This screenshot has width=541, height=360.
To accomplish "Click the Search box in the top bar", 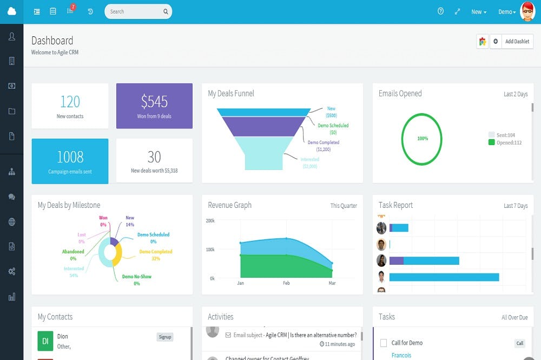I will point(135,11).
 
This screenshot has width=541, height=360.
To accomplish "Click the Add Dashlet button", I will point(517,42).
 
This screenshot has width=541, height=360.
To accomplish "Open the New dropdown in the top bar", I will point(479,12).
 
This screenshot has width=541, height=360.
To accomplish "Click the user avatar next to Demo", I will point(527,11).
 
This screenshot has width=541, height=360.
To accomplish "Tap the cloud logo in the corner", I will point(11,11).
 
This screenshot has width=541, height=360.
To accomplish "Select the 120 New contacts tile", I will point(70,106).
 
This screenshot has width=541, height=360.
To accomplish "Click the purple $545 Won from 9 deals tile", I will point(154,106).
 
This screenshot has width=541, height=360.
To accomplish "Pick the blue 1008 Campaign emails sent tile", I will point(70,161).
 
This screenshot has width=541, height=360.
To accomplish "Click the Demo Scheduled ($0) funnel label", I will point(333,129).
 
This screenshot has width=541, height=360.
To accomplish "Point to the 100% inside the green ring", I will point(423,139).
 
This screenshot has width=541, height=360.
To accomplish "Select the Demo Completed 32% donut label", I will point(155,255).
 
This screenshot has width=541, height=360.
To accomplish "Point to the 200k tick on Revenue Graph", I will point(210,221).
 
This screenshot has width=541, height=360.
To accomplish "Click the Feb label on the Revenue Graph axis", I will point(286,283).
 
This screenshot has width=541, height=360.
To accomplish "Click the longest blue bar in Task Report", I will point(444,277).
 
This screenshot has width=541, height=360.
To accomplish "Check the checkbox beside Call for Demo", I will point(384,343).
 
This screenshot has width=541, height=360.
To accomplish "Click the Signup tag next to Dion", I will point(165,337).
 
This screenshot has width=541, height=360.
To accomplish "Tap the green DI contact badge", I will point(45,341).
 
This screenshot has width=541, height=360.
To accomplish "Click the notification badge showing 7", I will point(73,7).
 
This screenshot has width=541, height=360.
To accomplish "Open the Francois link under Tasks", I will point(401,356).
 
